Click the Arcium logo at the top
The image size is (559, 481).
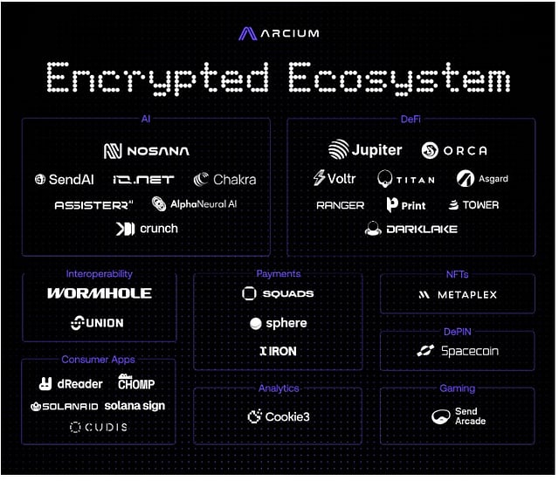tap(279, 33)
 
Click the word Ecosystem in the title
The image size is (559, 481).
tap(398, 79)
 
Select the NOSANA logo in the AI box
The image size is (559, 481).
tap(146, 151)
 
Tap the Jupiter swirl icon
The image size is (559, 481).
tap(338, 150)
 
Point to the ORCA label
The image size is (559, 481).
tap(465, 151)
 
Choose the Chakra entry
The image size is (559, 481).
tap(234, 179)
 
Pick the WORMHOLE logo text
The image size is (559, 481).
tap(100, 293)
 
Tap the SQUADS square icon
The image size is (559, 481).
tap(249, 294)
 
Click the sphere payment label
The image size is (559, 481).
tap(286, 323)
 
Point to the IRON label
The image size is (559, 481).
tap(282, 351)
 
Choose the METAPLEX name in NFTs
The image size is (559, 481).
tap(466, 295)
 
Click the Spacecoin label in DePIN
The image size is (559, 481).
tap(469, 351)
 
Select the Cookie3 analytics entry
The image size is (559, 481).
tap(286, 417)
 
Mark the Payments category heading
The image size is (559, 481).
tap(279, 274)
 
